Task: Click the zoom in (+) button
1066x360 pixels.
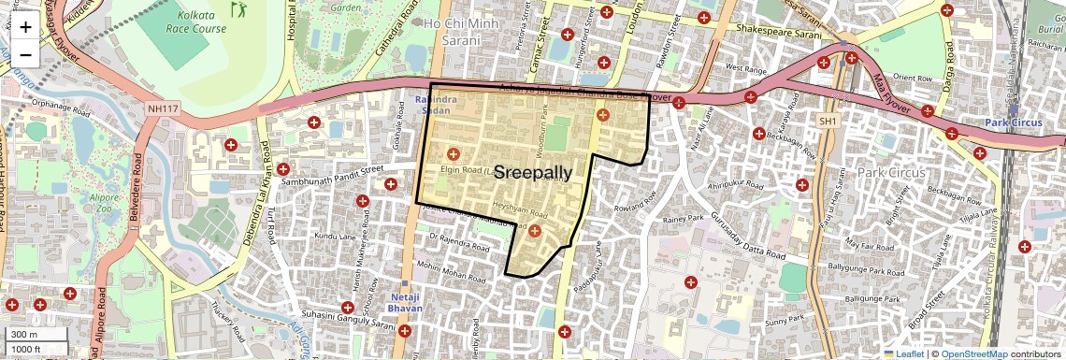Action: tap(25, 26)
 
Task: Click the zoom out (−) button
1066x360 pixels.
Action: tap(25, 54)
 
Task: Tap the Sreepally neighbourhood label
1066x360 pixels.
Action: tap(532, 172)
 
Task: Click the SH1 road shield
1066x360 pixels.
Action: tap(828, 122)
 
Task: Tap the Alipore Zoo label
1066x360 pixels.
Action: tap(106, 206)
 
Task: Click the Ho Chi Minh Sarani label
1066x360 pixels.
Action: tap(465, 30)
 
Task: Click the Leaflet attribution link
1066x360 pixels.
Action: tap(904, 353)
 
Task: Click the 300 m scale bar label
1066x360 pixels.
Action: tap(24, 334)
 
